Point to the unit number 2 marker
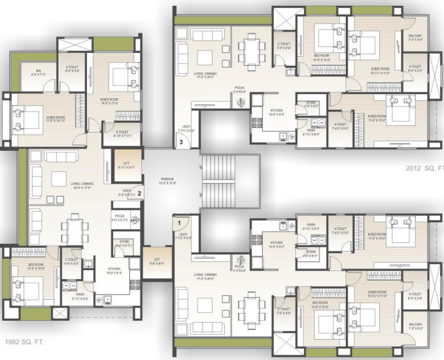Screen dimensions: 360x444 pyautogui.click(x=138, y=193)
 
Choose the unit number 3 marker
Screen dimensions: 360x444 pyautogui.click(x=181, y=140)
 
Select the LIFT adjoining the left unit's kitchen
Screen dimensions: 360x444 pyautogui.click(x=156, y=261)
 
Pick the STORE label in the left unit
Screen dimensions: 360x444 pyautogui.click(x=124, y=243)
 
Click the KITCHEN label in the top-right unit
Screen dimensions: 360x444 pyautogui.click(x=276, y=112)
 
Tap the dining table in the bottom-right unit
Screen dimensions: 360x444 pyautogui.click(x=249, y=307)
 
